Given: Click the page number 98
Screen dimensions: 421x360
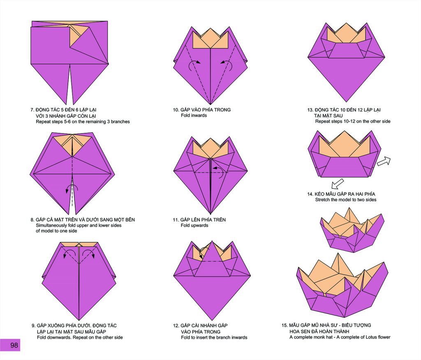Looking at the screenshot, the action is [14, 345].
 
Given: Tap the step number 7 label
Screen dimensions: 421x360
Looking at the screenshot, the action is [32, 110].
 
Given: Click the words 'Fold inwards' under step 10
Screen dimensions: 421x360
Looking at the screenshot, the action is [194, 116].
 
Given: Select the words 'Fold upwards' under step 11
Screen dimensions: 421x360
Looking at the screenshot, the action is [194, 225].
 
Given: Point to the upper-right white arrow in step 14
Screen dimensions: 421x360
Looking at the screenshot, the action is [384, 161].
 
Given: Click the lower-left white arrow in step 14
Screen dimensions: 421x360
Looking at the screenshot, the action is [338, 184].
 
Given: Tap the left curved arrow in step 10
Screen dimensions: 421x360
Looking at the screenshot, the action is [193, 65].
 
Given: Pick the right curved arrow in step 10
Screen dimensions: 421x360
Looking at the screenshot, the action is [227, 65].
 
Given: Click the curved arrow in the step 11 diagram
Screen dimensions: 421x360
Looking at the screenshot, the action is [219, 172].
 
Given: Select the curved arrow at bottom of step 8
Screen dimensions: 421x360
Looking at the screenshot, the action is [72, 188].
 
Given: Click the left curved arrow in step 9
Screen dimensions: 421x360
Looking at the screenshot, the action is [69, 253].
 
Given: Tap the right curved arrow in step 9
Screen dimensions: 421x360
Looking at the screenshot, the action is [89, 253].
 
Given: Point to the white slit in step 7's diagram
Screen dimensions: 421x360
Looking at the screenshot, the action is [70, 86].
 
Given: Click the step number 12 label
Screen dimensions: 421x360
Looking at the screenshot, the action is [176, 325].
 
